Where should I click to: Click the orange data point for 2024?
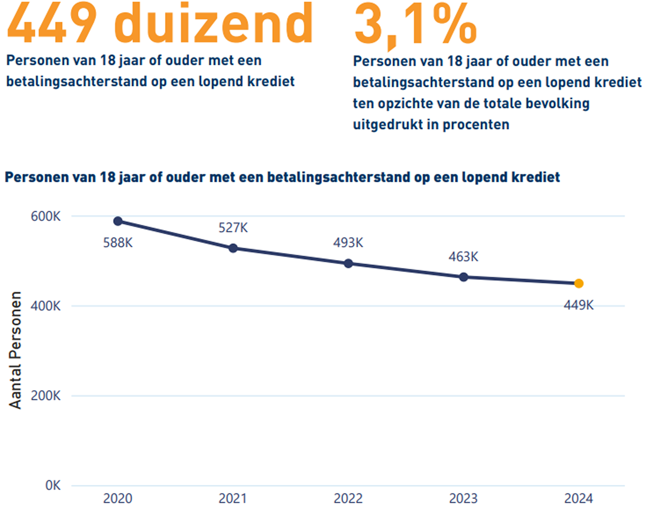click(578, 283)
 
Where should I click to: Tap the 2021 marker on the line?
click(233, 248)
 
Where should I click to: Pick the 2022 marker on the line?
click(348, 263)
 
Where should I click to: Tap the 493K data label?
click(348, 242)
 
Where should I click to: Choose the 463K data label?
click(463, 257)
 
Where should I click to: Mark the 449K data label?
click(578, 305)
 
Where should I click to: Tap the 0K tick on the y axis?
click(53, 485)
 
